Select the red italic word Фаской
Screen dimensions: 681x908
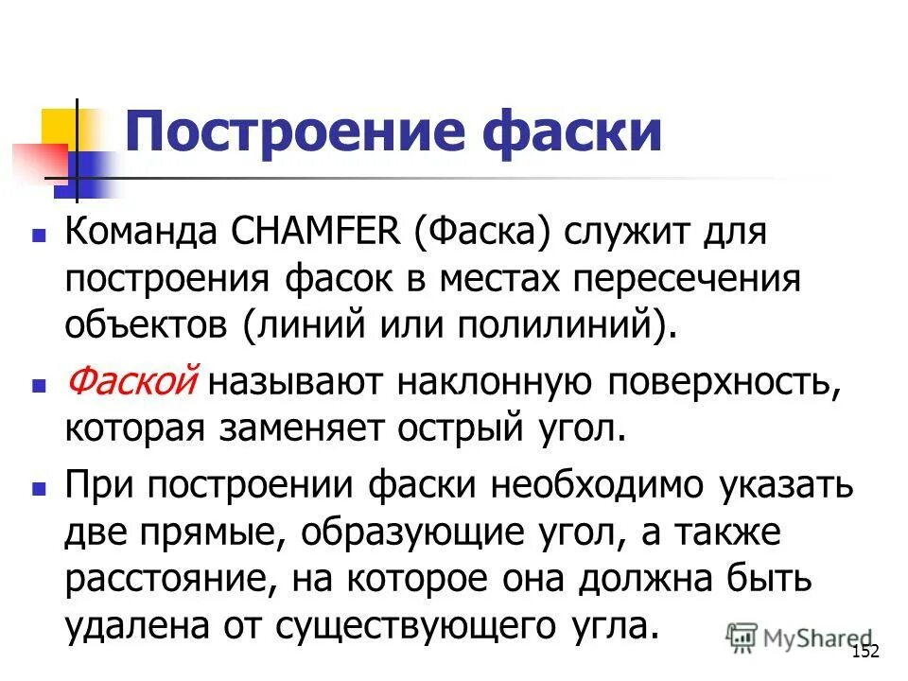click(131, 383)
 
